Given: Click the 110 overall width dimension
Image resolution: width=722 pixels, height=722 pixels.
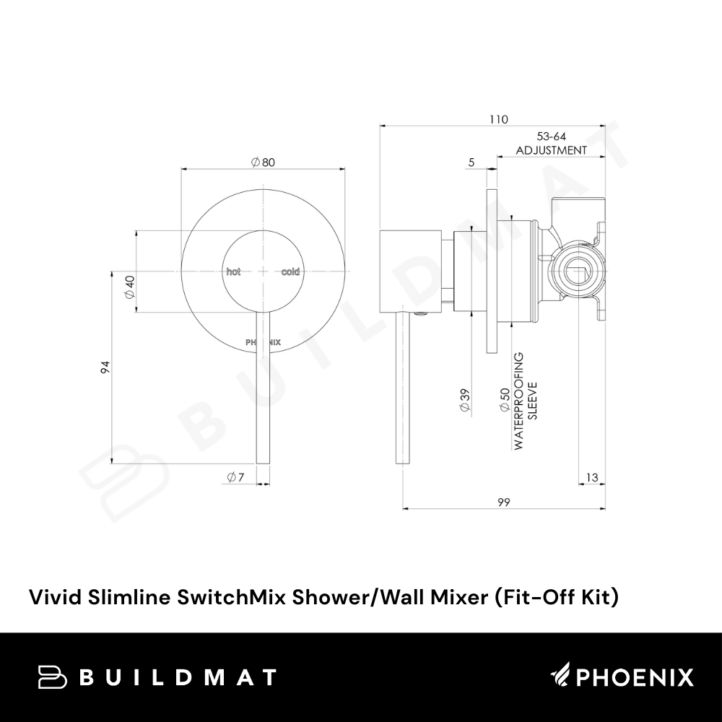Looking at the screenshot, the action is point(499,120).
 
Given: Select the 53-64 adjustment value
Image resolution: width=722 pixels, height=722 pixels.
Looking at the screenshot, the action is point(551,136).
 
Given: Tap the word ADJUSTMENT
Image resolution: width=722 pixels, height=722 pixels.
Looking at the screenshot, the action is point(551,151).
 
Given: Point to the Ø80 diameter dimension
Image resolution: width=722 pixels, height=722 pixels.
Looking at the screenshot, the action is point(263,162).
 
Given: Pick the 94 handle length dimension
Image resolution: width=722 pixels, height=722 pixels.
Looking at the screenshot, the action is point(106,367).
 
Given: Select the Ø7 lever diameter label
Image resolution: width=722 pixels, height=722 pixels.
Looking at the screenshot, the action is point(235,477).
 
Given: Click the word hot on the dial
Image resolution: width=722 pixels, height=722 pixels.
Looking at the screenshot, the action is point(233,271).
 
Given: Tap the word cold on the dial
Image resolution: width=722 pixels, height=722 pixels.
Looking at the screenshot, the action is point(290,271).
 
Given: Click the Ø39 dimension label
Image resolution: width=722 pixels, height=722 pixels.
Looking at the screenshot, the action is point(465,400).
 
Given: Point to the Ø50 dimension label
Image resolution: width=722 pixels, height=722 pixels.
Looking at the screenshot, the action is point(504,399).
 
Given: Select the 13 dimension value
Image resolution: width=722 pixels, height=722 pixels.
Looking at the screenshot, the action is point(592,477).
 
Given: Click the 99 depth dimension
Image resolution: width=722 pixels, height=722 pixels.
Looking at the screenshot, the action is point(504,502).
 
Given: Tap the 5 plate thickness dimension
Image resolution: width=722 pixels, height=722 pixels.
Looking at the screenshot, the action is point(471,162).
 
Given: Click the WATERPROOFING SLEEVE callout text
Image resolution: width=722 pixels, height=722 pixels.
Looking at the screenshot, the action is point(525,401).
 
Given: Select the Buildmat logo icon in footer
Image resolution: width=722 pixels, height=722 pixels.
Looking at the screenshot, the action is point(53,677).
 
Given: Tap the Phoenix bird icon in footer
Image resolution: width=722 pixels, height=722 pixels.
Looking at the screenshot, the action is point(561,676).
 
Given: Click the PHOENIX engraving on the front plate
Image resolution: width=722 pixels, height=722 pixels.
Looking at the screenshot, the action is point(263,342).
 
